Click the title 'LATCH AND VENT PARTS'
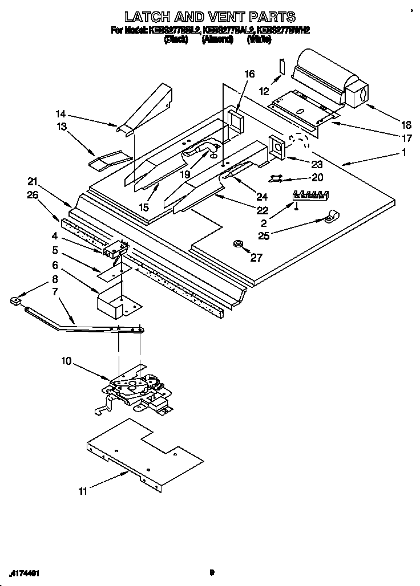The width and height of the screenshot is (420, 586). pyautogui.click(x=210, y=17)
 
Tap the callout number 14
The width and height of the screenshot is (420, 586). pyautogui.click(x=61, y=113)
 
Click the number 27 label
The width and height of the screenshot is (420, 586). pyautogui.click(x=256, y=258)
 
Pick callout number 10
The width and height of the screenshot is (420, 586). pyautogui.click(x=66, y=361)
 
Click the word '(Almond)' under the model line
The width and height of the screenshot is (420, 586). pyautogui.click(x=217, y=40)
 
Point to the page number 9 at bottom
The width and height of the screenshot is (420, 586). pyautogui.click(x=211, y=573)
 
